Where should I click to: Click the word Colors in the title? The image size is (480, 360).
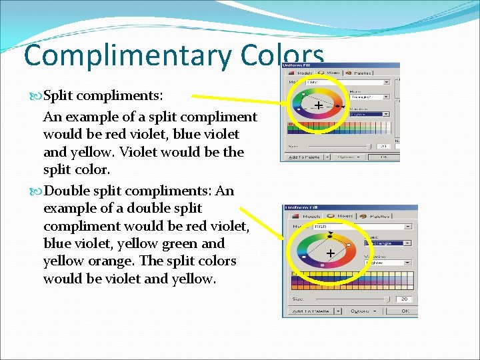click(283, 55)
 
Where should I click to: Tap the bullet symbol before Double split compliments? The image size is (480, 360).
click(36, 191)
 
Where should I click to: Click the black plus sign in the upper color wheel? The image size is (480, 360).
click(319, 106)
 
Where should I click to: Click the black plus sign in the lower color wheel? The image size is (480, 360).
click(330, 253)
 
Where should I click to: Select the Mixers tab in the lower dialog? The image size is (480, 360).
click(341, 216)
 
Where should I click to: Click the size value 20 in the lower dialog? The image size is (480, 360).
click(405, 299)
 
